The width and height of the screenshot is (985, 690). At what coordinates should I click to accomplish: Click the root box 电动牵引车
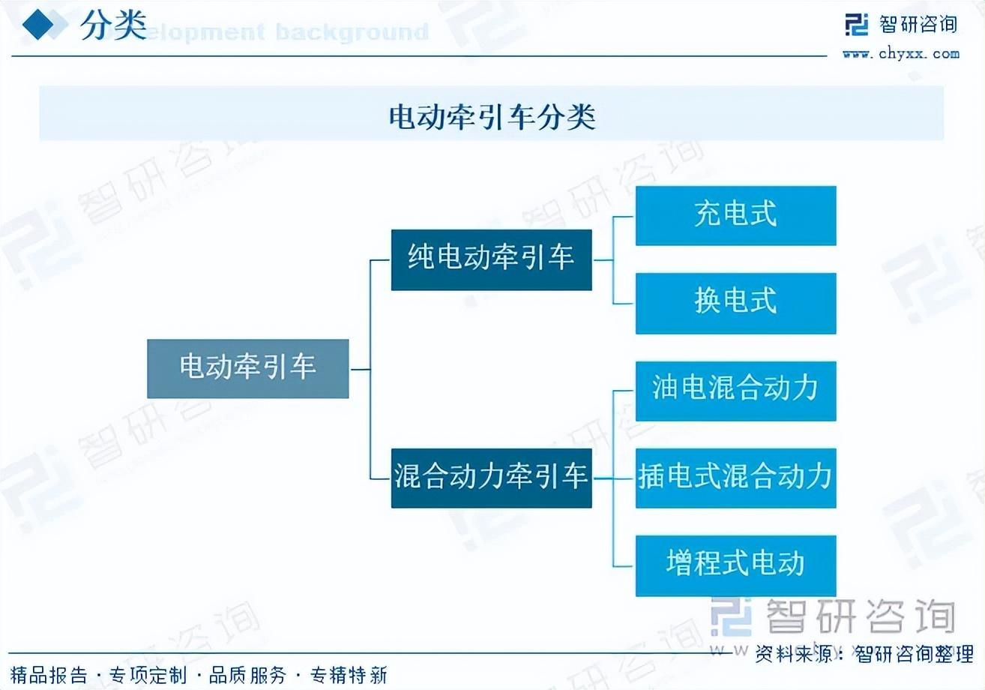click(247, 368)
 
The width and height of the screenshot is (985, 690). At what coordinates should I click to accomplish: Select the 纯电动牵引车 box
click(491, 259)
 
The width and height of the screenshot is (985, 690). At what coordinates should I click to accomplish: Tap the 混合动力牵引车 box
click(491, 477)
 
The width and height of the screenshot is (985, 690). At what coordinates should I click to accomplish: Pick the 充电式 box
click(735, 215)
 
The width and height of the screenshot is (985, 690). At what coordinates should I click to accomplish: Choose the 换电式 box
click(735, 303)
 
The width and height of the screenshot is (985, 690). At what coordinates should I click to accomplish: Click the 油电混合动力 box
click(735, 391)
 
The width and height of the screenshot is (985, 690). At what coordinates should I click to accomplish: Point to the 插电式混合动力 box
click(735, 478)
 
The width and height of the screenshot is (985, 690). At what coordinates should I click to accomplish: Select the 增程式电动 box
click(735, 565)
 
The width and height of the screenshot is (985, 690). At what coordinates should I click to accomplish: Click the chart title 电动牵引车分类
click(492, 116)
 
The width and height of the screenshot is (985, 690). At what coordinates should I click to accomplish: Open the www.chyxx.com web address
click(900, 53)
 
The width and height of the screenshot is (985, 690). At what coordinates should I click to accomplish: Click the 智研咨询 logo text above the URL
click(918, 25)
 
